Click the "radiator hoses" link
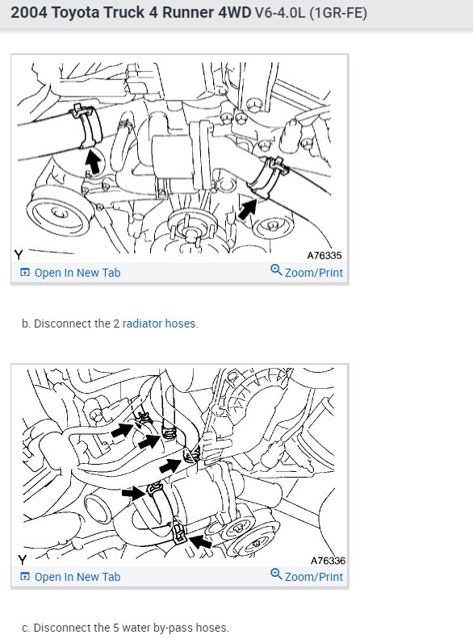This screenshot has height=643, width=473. (159, 324)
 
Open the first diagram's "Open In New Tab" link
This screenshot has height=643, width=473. (70, 273)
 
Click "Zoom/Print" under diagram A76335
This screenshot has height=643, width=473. (307, 273)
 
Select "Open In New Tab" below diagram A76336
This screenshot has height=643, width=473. (70, 577)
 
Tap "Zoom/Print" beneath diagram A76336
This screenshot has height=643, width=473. (307, 577)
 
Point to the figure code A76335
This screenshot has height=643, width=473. (324, 256)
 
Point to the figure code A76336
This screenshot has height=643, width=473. (328, 561)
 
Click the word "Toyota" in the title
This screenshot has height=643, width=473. (76, 13)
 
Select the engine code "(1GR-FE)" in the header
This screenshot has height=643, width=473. (338, 13)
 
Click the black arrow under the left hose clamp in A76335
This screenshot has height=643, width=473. (94, 161)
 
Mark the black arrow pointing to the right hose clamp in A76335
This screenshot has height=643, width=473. (247, 209)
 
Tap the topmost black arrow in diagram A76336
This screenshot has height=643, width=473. (122, 431)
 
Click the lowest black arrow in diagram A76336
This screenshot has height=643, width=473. (201, 541)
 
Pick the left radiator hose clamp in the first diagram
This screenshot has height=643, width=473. (86, 127)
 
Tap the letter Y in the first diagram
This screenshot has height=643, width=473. (19, 255)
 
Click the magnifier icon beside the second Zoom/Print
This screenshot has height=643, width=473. (276, 574)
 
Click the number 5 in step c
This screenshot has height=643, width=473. (116, 628)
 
